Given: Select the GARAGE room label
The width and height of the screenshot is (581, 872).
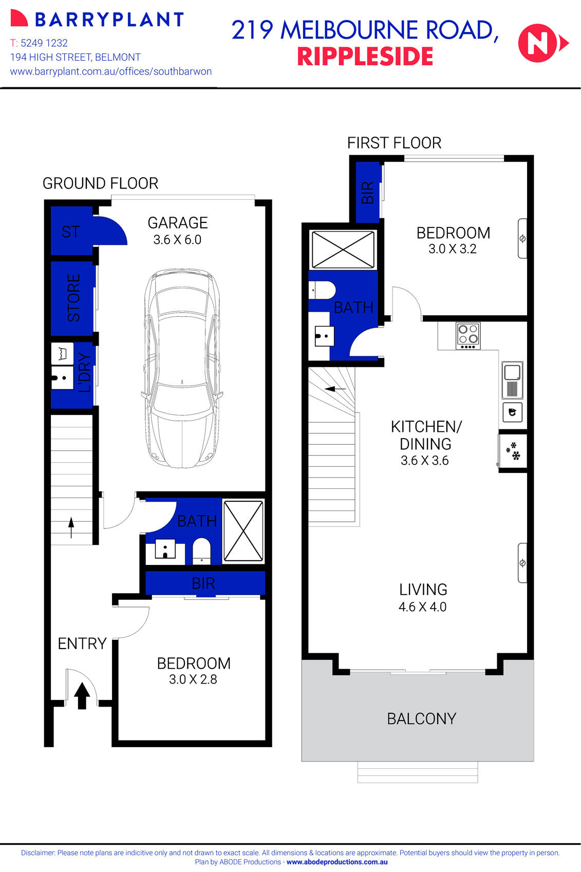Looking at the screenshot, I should [x=178, y=223].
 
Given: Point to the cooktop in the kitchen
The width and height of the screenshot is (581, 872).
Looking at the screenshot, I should [x=468, y=336].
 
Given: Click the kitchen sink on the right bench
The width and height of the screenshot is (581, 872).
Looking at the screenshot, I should [x=512, y=381].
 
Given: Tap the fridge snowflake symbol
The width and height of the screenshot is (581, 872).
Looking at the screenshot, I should [x=513, y=451].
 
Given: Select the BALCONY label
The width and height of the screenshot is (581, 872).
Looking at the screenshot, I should [x=421, y=718].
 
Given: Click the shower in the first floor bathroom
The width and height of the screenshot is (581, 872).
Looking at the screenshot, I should [x=343, y=250].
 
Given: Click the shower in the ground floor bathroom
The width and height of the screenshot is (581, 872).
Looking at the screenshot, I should [x=243, y=531].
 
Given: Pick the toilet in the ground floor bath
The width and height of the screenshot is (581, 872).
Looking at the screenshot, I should [x=201, y=551].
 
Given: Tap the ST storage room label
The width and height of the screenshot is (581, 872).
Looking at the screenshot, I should [x=71, y=232].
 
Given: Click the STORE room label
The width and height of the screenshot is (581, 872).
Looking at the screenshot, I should [x=74, y=298].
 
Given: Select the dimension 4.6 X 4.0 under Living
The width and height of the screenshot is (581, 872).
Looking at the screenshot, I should [x=422, y=607].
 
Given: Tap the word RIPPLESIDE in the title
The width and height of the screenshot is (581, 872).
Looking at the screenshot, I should [x=365, y=57].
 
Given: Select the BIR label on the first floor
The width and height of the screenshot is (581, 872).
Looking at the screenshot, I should [x=368, y=193].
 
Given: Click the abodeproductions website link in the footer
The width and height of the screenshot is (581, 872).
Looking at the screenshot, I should [x=337, y=862].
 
